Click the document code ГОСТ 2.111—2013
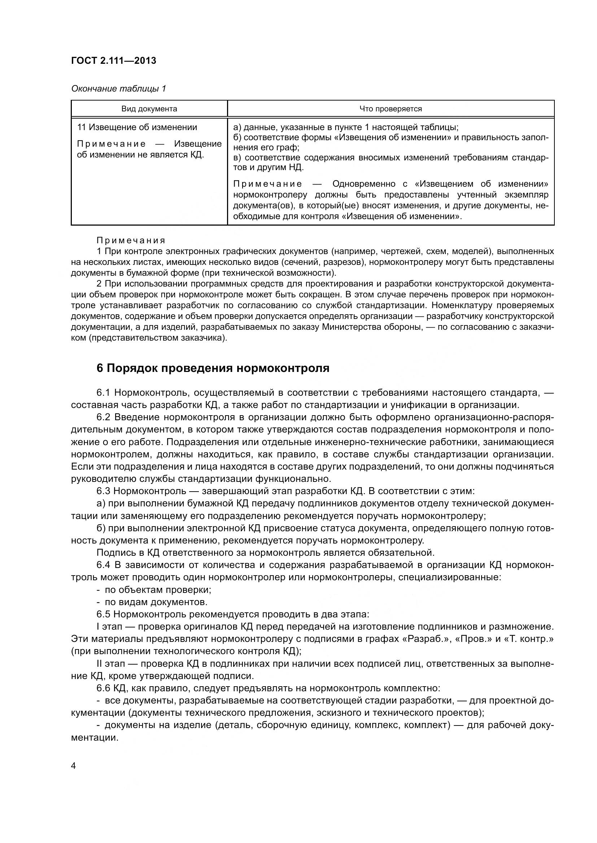tap(114, 61)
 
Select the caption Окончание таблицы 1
tap(118, 89)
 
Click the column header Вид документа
tap(149, 109)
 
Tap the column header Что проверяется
tap(391, 109)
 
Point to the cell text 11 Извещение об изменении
tap(137, 127)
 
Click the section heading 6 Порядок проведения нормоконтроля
tap(213, 368)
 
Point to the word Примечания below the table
tap(131, 240)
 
